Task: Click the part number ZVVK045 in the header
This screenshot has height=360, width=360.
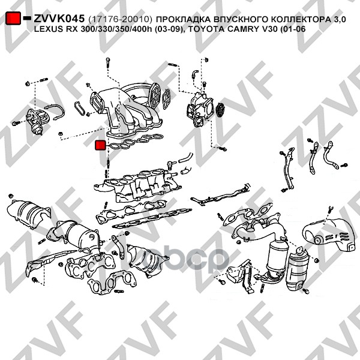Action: tap(59, 19)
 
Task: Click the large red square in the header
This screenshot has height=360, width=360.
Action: tap(13, 18)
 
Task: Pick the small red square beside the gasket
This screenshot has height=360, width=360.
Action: tap(100, 145)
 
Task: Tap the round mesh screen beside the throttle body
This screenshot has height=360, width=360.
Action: tap(221, 110)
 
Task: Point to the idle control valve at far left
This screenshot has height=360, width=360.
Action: tap(38, 121)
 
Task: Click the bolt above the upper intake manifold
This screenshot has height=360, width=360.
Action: tap(108, 62)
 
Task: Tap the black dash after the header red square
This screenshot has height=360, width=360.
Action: tap(27, 18)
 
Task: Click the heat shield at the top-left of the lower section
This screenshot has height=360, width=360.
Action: tap(28, 214)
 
